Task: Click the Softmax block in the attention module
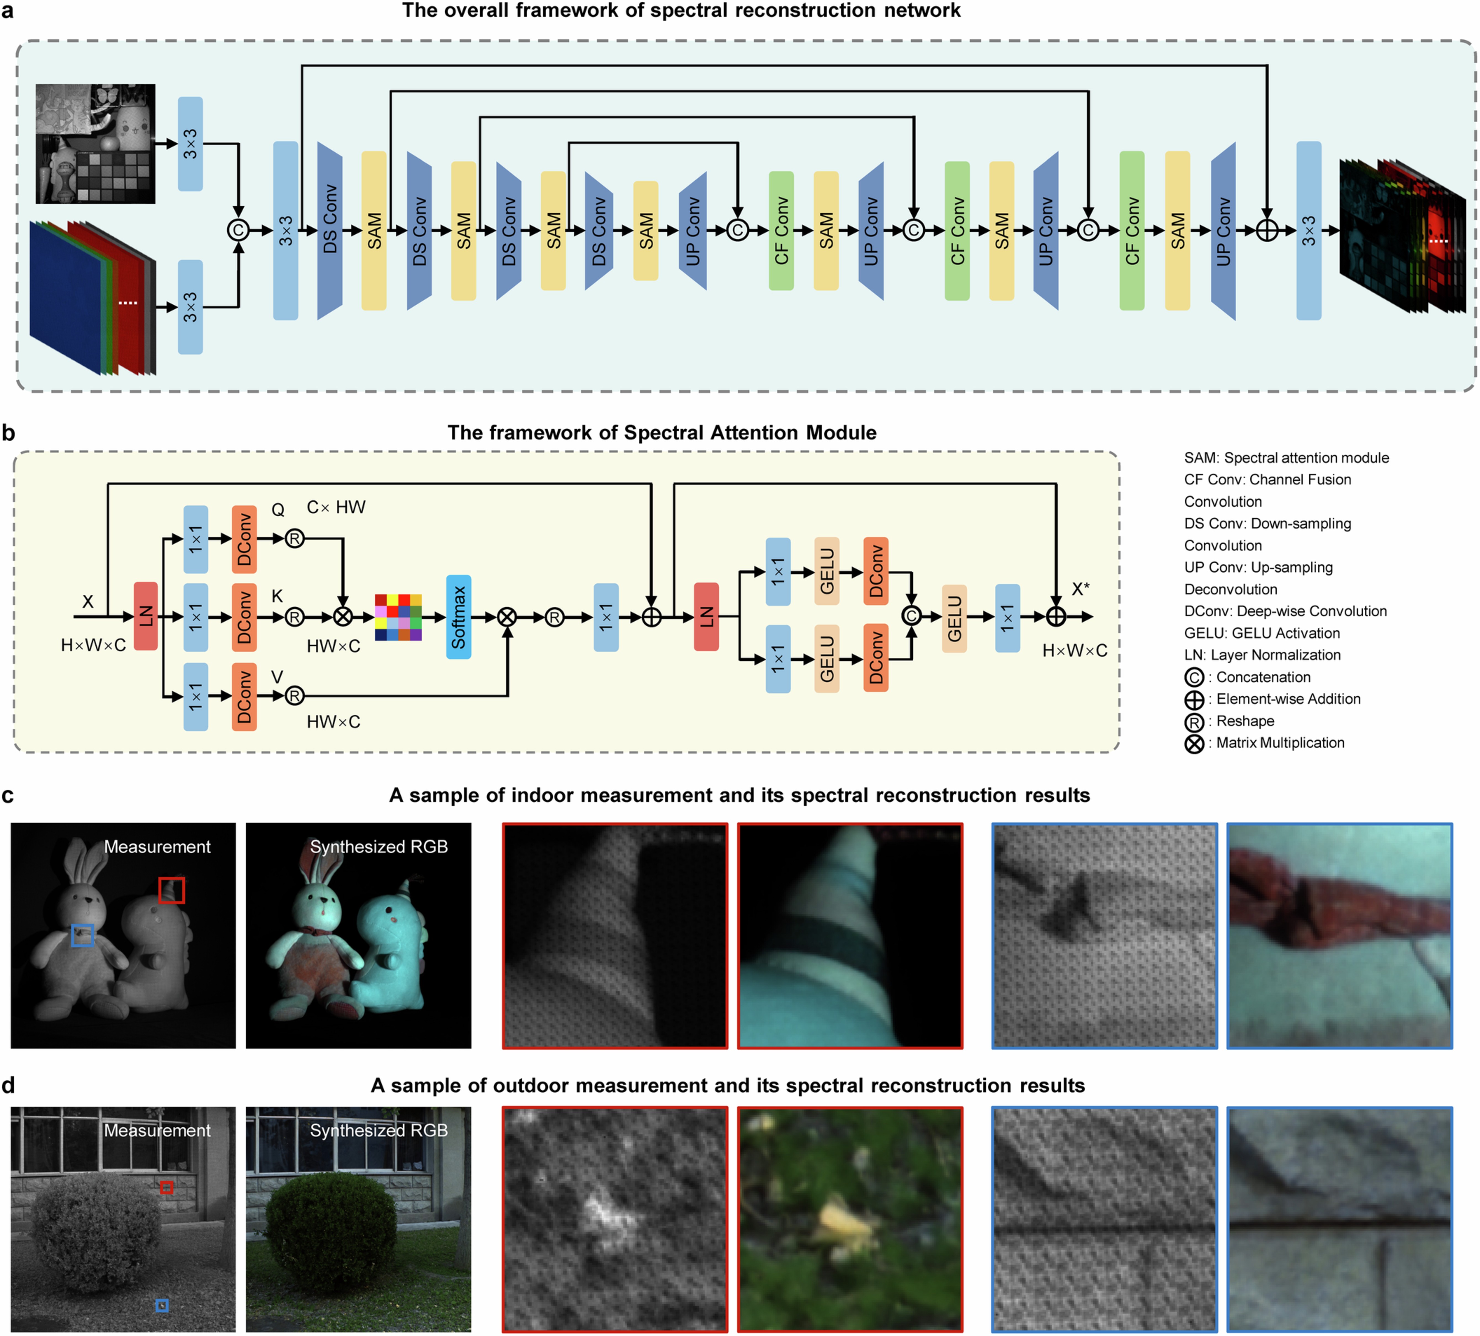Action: click(458, 617)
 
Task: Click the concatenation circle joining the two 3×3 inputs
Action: click(238, 230)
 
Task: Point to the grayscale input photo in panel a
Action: click(95, 144)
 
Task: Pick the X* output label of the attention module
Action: click(1080, 589)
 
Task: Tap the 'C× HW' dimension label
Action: click(336, 507)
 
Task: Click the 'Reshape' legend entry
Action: click(1244, 721)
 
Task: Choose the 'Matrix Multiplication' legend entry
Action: click(1280, 743)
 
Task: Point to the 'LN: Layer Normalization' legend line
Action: click(1262, 655)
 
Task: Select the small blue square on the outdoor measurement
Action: click(162, 1305)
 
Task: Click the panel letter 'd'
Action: click(8, 1085)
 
